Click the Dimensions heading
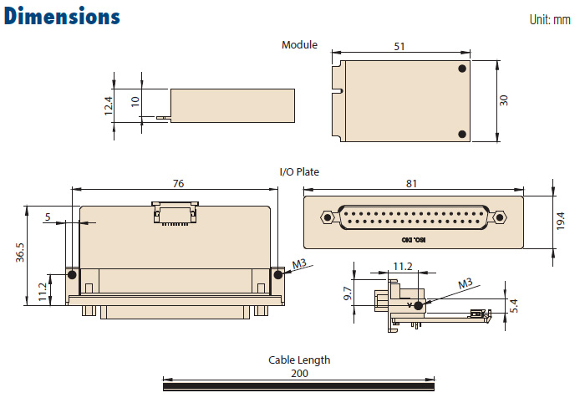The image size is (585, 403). click(62, 17)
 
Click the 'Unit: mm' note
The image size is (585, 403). click(550, 19)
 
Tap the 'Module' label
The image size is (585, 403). click(299, 45)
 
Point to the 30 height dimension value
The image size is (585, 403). click(504, 99)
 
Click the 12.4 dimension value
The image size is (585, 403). click(108, 105)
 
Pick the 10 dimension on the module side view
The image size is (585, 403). click(135, 102)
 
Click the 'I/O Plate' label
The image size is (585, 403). click(299, 171)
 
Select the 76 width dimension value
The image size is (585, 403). click(178, 183)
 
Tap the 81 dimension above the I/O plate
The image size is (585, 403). click(410, 183)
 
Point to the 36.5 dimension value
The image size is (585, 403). click(20, 253)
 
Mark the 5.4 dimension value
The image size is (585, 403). click(515, 307)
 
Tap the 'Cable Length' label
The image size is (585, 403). click(299, 360)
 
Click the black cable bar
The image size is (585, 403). click(298, 385)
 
